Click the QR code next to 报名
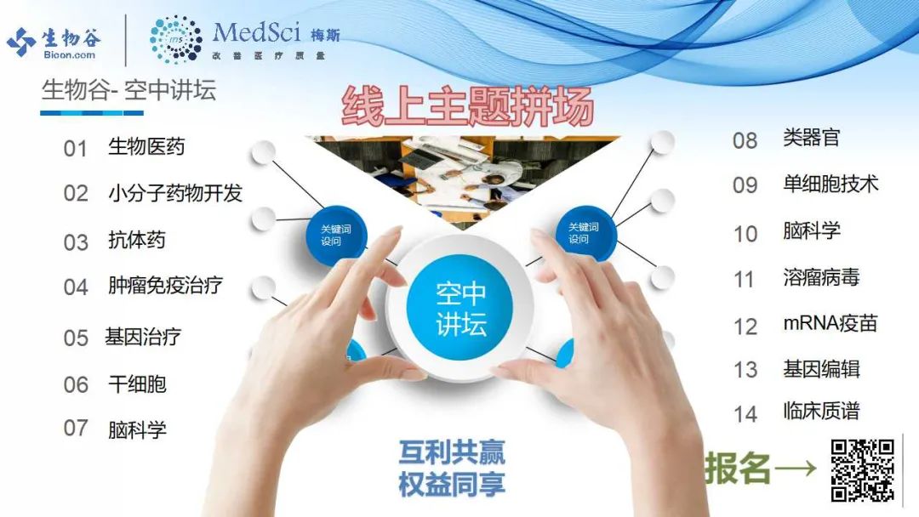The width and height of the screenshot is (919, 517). coord(862,470)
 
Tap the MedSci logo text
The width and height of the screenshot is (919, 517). coord(256,33)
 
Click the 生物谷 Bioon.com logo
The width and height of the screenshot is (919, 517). coord(54,43)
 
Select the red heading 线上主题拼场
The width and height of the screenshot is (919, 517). coord(468,106)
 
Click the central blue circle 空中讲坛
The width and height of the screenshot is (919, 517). coord(460,310)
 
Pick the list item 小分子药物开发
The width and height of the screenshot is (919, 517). coord(175,193)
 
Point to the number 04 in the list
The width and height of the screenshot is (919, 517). coord(76,287)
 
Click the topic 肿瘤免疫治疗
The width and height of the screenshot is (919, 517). coord(165,286)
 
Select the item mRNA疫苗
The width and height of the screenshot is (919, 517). coord(831,323)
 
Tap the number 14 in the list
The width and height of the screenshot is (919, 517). coord(745,415)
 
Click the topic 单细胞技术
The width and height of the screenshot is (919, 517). coord(831,184)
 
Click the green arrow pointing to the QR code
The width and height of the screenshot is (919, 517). coord(795,468)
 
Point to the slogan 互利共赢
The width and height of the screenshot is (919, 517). coord(452,452)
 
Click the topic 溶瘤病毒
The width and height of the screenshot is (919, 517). coord(822,277)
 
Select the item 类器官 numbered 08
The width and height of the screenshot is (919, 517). coord(812,138)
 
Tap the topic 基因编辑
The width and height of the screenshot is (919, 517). coord(822,369)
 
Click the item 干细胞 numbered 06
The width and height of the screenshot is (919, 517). coord(137,384)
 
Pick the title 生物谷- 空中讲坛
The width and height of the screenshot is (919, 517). coord(129,90)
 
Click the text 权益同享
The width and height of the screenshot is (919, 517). coord(452,484)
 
